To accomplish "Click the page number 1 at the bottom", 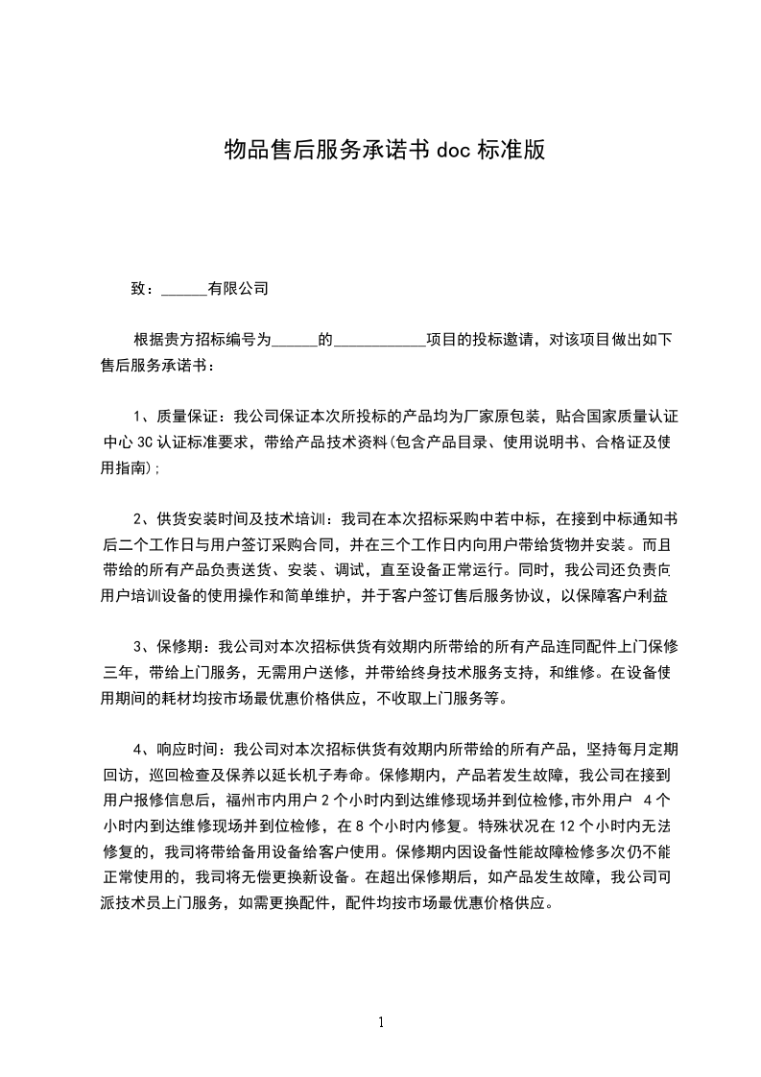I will point(381,1022).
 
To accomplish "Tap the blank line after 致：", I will point(184,288).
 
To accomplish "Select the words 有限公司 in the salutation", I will point(238,288).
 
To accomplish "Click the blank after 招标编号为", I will point(295,340).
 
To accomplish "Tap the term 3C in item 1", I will point(147,443).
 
